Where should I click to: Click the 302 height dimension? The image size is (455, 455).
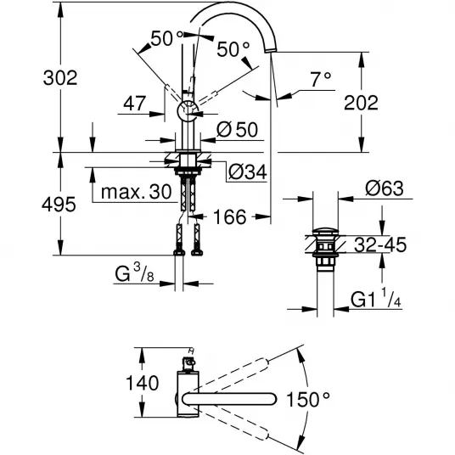[60, 78]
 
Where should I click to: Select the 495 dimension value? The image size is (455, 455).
[59, 205]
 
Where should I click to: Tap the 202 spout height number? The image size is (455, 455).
[361, 103]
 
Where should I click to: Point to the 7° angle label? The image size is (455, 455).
[321, 79]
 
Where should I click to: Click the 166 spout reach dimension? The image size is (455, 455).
[230, 216]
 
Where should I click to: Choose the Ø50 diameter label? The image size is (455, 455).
[237, 129]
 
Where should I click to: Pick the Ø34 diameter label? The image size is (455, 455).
[248, 171]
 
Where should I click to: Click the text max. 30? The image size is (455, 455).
[137, 192]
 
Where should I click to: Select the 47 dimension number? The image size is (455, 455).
[134, 103]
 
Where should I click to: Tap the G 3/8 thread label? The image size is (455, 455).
[134, 273]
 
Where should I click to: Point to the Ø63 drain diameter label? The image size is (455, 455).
[385, 188]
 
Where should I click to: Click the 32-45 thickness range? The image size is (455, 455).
[380, 244]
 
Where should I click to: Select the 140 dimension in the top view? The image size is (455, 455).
[143, 383]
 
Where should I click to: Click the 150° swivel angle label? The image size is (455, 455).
[308, 399]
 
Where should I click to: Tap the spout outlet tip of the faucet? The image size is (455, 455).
[269, 51]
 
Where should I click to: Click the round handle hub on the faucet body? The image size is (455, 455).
[188, 111]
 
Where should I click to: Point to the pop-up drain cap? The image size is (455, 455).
[325, 231]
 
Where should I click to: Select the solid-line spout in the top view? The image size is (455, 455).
[228, 399]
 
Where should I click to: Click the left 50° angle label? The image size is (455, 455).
[167, 38]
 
